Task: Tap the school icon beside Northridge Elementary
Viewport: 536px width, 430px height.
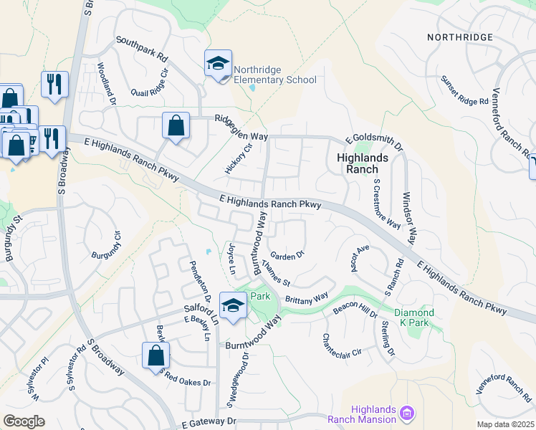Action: click(x=218, y=64)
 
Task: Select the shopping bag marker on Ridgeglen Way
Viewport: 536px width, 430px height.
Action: click(x=176, y=127)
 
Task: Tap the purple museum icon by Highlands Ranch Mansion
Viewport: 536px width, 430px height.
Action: click(x=407, y=413)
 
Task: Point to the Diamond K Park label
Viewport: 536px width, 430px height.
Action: click(x=414, y=317)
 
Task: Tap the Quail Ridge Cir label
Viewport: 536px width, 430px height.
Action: click(x=153, y=83)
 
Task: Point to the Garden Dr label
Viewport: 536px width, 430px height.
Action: click(x=287, y=254)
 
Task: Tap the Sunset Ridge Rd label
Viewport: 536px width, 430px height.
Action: click(x=464, y=92)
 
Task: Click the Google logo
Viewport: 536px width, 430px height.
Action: click(x=24, y=421)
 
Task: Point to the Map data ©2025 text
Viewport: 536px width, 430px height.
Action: click(x=504, y=424)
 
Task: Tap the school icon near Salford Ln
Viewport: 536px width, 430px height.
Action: click(x=233, y=306)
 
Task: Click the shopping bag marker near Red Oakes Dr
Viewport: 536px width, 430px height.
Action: click(x=155, y=356)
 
